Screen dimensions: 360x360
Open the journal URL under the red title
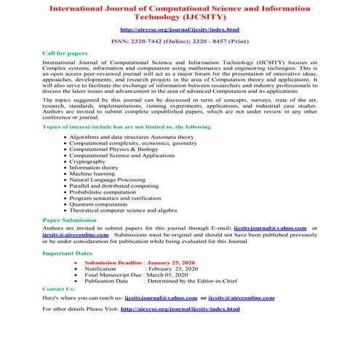179,29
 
